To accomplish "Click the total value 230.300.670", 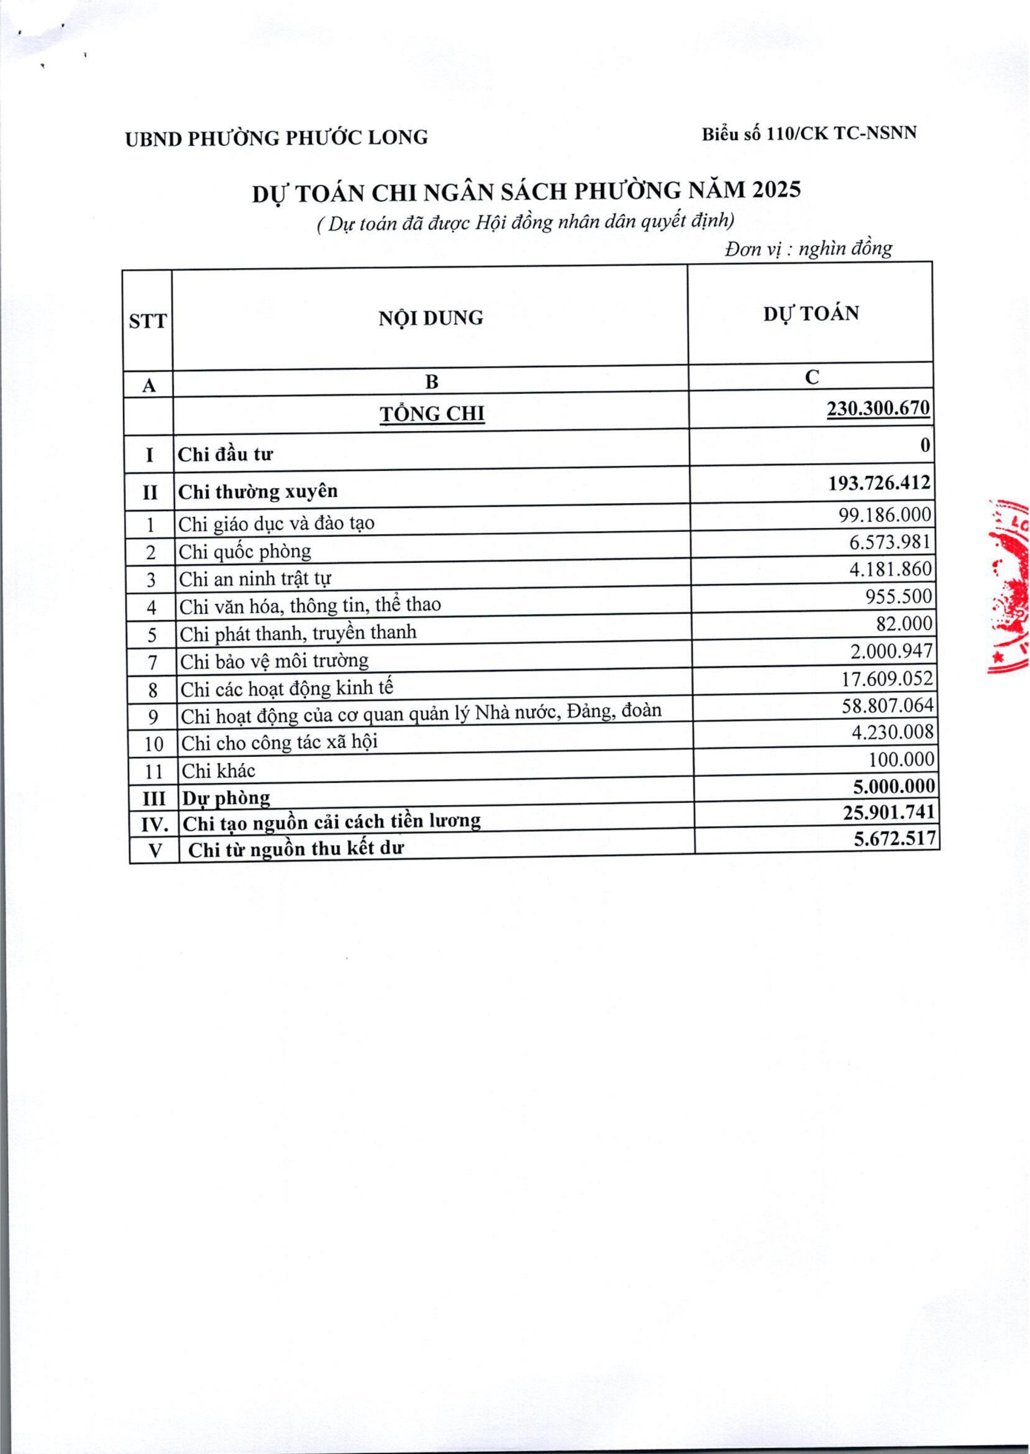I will (878, 408).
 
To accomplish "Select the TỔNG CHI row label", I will (432, 414).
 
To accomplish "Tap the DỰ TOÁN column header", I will (810, 314).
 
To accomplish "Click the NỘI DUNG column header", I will (431, 317).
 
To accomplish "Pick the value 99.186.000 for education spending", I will (885, 515).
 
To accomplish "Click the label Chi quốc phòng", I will (245, 552).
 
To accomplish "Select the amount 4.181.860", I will (890, 569).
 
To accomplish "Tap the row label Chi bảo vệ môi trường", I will (274, 661).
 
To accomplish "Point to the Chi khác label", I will (218, 771).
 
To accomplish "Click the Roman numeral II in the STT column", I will (150, 492).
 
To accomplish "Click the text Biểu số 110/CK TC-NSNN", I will (809, 134).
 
